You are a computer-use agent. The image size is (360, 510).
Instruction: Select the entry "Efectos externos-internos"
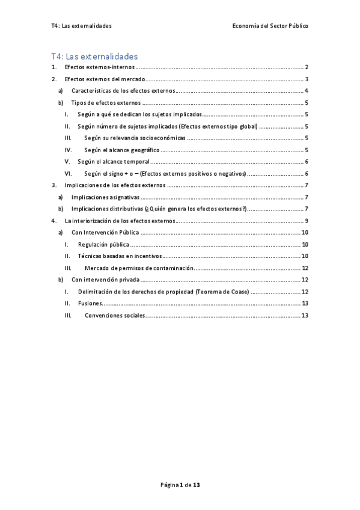tap(100, 67)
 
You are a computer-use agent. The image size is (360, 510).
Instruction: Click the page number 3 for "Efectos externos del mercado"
tap(307, 79)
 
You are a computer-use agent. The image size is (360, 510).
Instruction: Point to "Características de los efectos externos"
tap(123, 91)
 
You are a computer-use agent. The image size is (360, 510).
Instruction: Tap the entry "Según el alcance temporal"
tap(113, 162)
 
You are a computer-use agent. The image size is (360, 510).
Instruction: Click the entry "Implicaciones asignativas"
tap(105, 197)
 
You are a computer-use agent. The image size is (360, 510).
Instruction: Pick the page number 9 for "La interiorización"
tap(307, 221)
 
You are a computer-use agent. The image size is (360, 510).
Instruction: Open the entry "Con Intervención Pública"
tap(105, 232)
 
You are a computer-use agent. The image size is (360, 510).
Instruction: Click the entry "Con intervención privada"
tap(105, 280)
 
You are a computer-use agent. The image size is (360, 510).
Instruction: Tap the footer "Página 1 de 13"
tap(180, 484)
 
